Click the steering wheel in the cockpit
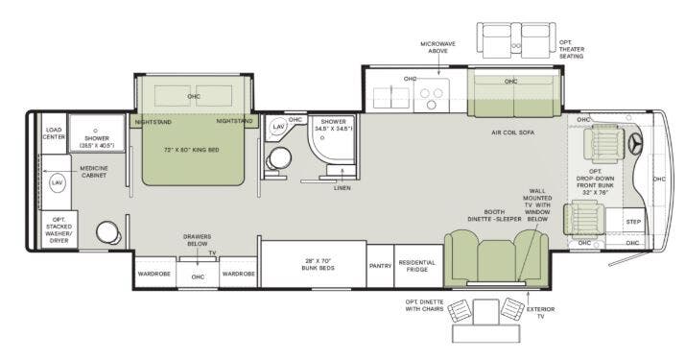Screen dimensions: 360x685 tap(634, 143)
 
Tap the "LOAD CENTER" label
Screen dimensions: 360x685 tap(55, 132)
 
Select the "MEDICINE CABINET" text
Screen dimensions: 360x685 tap(93, 172)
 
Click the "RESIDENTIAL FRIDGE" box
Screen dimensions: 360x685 tap(417, 266)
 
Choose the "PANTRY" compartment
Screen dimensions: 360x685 tap(380, 266)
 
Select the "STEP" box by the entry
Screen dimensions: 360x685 tap(633, 222)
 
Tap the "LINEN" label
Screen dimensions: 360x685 tap(342, 188)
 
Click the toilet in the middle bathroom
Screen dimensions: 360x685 tap(280, 159)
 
